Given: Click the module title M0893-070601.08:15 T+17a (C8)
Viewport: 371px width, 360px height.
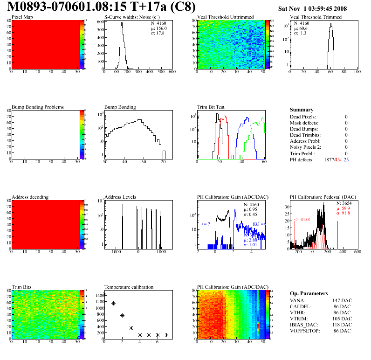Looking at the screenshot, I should (102, 7).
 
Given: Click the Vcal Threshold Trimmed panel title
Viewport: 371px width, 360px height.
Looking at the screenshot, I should (316, 17).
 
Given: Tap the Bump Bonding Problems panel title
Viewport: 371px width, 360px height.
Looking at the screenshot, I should (38, 107).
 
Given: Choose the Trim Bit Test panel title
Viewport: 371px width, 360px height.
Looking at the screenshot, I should (211, 107).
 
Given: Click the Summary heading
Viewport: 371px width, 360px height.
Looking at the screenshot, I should (302, 110).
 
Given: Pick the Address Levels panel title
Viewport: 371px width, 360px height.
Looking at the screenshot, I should (120, 197).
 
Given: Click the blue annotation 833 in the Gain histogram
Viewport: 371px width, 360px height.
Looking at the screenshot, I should (256, 224).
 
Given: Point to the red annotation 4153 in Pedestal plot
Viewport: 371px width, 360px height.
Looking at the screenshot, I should (303, 219).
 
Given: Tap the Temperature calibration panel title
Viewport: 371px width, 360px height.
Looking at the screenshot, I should (129, 287).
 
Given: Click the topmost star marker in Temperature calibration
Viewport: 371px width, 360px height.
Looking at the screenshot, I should (104, 294).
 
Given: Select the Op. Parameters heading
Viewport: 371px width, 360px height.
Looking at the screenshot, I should (309, 293).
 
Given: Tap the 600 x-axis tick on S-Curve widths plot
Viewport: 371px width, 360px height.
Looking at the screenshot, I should (172, 72).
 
